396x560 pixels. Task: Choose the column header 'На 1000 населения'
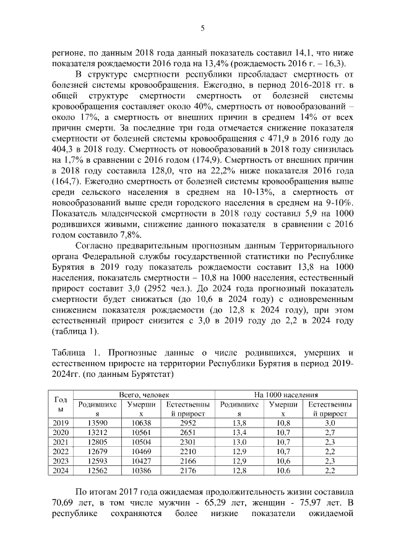[x=285, y=394]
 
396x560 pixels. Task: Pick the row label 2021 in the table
[x=61, y=442]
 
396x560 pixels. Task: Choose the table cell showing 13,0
[x=238, y=442]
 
